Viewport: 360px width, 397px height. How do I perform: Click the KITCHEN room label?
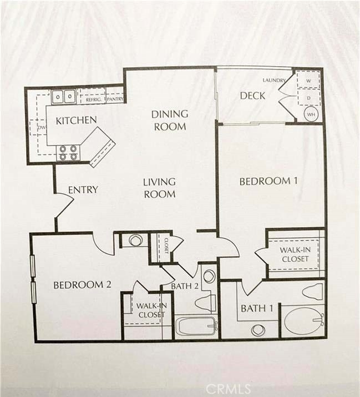[x=76, y=120]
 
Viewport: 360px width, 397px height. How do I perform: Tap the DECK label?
[x=252, y=96]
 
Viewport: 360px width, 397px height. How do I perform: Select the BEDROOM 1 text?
[x=268, y=181]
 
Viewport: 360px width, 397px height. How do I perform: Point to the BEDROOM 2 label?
[x=82, y=285]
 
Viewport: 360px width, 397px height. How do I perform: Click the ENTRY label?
[x=83, y=190]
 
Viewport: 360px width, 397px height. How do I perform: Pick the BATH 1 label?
[x=257, y=308]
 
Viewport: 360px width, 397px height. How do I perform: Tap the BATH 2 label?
[x=185, y=286]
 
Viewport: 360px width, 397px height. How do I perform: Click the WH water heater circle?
[x=311, y=114]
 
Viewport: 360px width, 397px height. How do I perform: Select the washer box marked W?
[x=308, y=80]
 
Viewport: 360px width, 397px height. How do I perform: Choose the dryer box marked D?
[x=308, y=98]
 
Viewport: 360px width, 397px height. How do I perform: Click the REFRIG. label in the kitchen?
[x=93, y=100]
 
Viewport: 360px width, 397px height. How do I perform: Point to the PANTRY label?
[x=115, y=99]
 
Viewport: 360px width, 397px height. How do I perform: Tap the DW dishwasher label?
[x=42, y=128]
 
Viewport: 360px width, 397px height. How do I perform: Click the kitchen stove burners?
[x=68, y=153]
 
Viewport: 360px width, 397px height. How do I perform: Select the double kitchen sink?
[x=64, y=97]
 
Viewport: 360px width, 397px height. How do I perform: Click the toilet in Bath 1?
[x=313, y=292]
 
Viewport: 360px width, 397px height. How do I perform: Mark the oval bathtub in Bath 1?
[x=303, y=321]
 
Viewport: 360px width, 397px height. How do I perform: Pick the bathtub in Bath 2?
[x=196, y=326]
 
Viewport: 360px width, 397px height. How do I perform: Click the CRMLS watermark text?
[x=229, y=389]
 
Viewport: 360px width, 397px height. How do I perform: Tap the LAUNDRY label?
[x=274, y=81]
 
